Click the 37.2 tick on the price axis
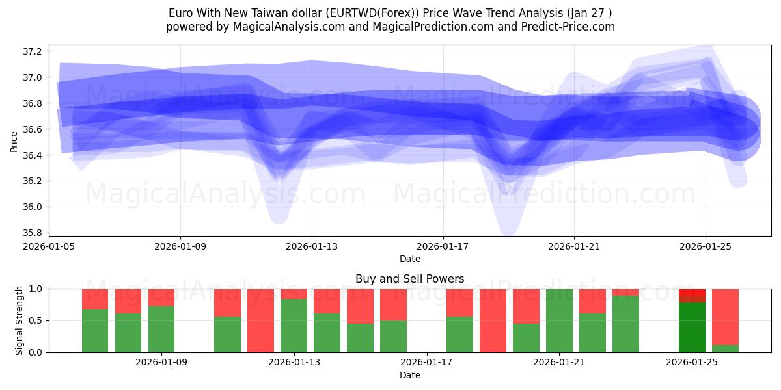[33, 51]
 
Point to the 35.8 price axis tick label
[33, 233]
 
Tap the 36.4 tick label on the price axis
[33, 155]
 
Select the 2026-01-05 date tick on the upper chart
[49, 246]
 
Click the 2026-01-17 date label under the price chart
[443, 246]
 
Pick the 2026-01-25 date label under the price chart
[706, 246]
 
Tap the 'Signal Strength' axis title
[20, 320]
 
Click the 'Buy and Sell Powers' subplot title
[409, 279]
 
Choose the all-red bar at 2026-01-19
[493, 320]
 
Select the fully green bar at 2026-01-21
[559, 320]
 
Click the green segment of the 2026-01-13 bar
[294, 325]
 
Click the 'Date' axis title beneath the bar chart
[409, 375]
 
